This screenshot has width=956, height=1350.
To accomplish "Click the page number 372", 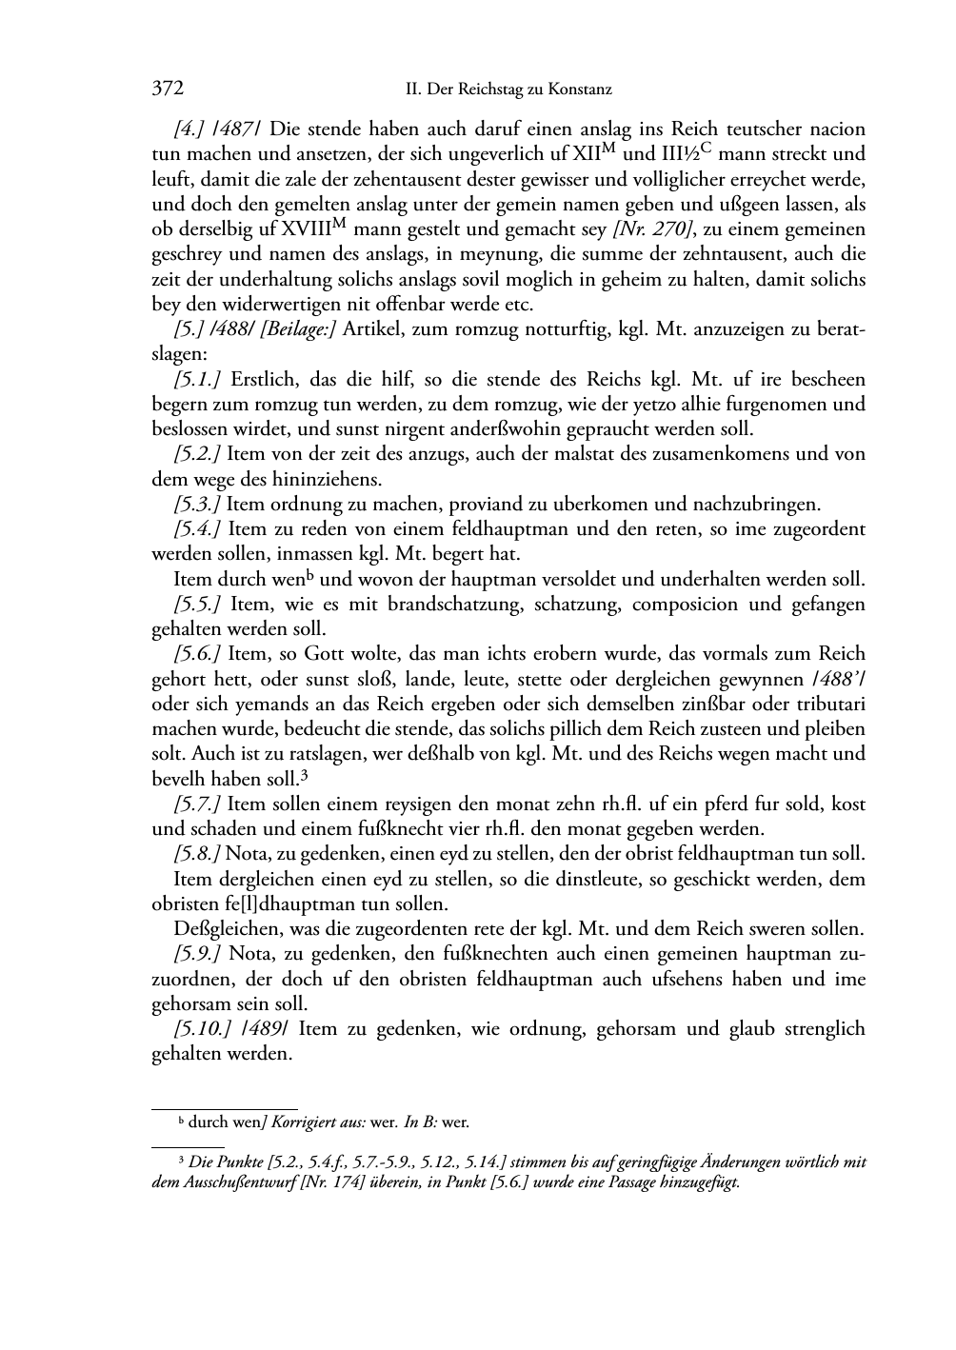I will pos(167,89).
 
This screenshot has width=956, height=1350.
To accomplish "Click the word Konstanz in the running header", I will pos(579,90).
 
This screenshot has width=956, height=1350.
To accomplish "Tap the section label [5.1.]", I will pos(197,379).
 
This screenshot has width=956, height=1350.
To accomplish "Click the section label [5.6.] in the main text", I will pos(197,653).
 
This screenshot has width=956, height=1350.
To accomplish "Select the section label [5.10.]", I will pos(202,1028).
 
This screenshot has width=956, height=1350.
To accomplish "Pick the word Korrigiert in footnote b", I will pos(303,1122).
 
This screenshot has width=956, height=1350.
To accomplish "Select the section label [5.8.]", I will pos(197,853).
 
